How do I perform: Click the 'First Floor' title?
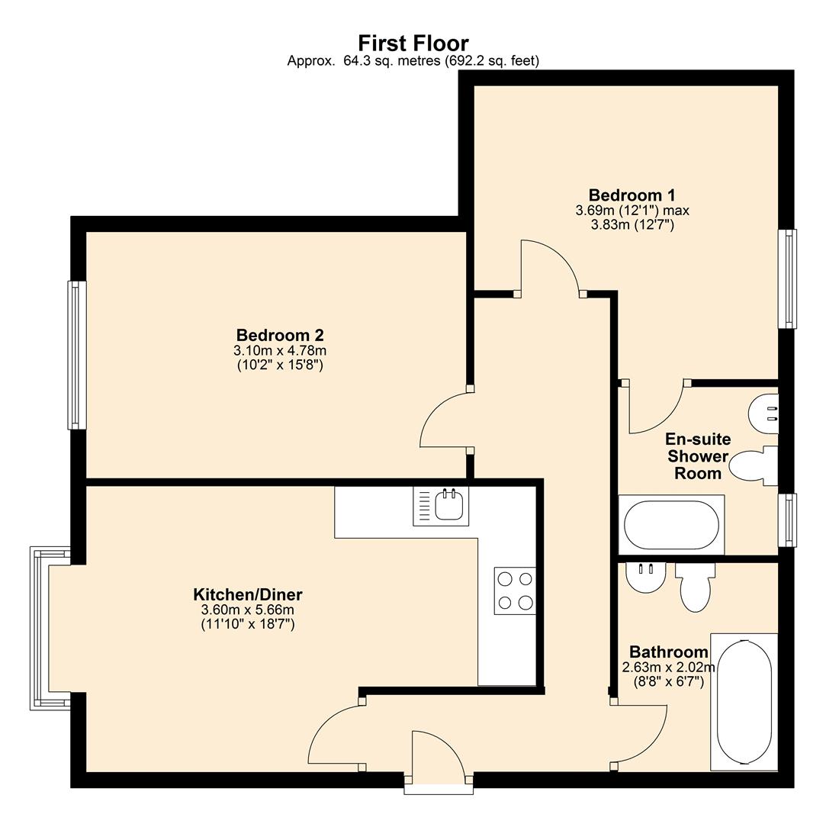[x=413, y=43]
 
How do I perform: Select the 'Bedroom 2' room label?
[x=280, y=335]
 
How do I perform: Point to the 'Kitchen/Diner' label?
[x=248, y=594]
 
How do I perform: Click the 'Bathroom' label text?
[x=668, y=652]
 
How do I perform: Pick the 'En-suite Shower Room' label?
[x=698, y=456]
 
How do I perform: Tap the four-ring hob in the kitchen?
[x=514, y=591]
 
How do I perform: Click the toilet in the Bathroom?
[x=696, y=586]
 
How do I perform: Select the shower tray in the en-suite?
[x=671, y=525]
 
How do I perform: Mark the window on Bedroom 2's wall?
[x=76, y=355]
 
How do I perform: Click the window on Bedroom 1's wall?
[x=786, y=278]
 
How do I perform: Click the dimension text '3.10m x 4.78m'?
[x=280, y=351]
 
